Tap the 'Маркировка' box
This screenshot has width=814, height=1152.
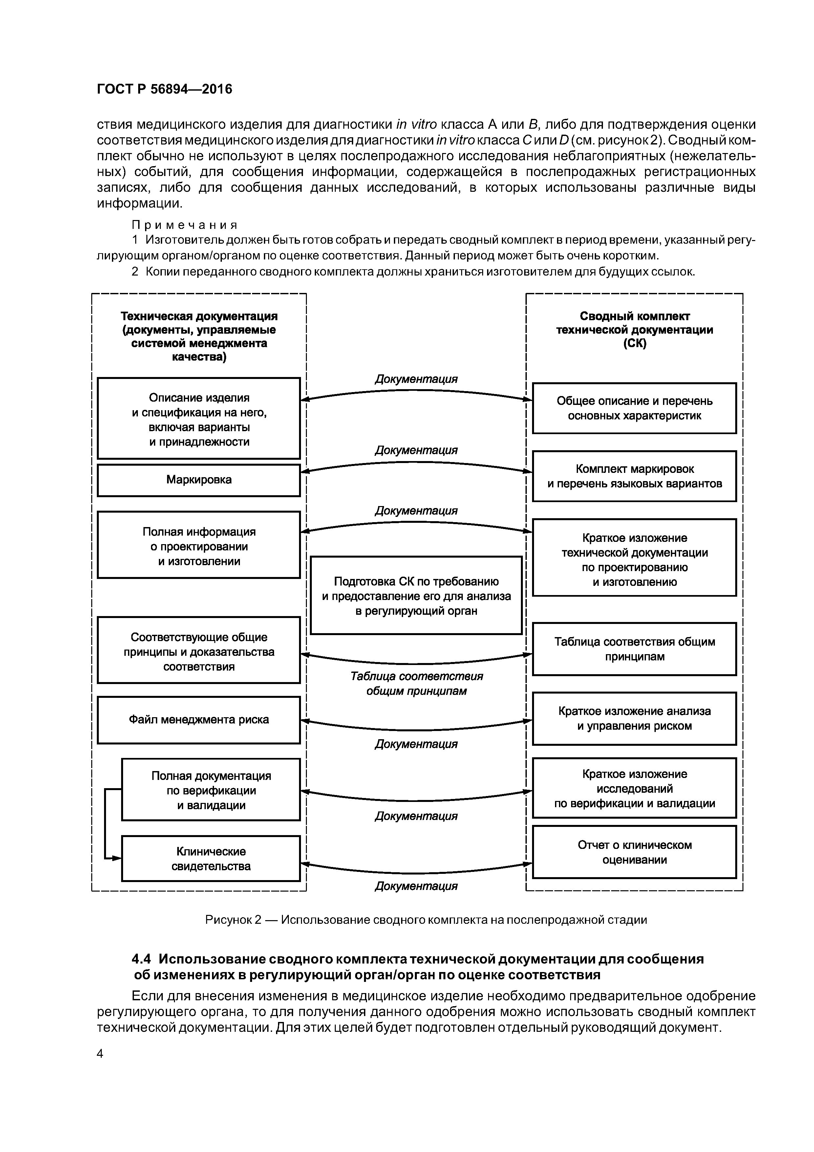click(199, 480)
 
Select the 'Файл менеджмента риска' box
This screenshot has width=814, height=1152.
click(199, 720)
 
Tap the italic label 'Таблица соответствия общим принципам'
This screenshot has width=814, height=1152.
click(416, 684)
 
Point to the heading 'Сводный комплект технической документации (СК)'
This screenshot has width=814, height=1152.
click(634, 330)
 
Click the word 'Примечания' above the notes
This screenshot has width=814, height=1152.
click(184, 224)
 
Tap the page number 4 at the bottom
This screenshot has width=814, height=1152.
click(100, 1054)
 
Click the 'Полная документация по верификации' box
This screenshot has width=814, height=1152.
click(211, 790)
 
